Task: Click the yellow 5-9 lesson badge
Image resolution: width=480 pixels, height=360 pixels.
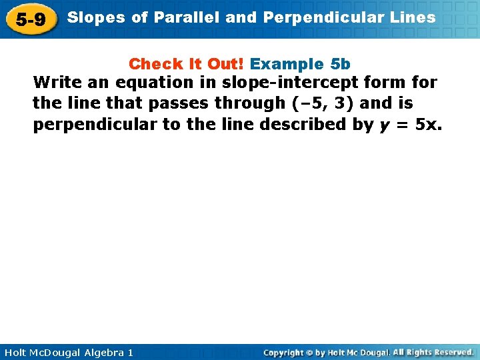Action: [31, 19]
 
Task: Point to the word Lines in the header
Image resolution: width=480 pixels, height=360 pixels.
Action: [415, 18]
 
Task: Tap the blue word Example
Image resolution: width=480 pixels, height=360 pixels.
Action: [287, 64]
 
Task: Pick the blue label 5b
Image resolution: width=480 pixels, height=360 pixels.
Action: [340, 64]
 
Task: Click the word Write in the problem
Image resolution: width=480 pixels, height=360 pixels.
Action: [55, 83]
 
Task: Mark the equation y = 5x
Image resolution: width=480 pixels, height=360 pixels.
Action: [409, 125]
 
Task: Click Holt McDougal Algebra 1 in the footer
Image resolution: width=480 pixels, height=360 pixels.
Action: [67, 352]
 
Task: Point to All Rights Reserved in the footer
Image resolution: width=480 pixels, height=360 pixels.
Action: [433, 352]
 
